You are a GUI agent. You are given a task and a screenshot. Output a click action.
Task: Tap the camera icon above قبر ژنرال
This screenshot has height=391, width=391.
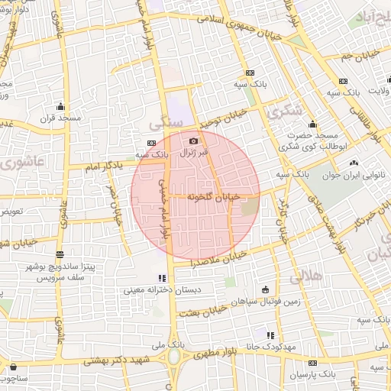[193, 141]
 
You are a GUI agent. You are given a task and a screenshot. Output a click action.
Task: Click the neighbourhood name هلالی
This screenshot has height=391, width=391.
[312, 274]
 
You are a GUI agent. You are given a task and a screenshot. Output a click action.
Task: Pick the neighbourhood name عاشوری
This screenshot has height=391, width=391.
[22, 162]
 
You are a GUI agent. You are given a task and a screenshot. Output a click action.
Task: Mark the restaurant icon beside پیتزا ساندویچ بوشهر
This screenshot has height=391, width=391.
[60, 254]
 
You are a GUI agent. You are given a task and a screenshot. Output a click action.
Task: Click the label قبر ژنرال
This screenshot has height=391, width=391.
[193, 153]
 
